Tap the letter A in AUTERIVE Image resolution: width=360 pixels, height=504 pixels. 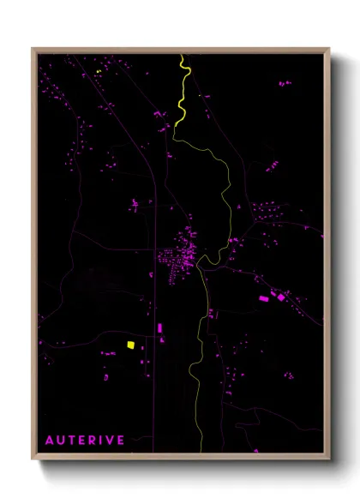50,440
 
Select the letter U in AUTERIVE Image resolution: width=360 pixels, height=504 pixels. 61,440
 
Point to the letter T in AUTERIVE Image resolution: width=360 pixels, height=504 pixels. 72,440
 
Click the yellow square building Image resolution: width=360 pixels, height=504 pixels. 130,345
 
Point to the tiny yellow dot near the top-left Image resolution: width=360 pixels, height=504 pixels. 99,71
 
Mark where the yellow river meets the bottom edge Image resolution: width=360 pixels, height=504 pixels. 201,452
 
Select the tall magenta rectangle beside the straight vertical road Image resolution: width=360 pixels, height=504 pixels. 160,327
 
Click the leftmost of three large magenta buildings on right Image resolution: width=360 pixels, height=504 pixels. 264,298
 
